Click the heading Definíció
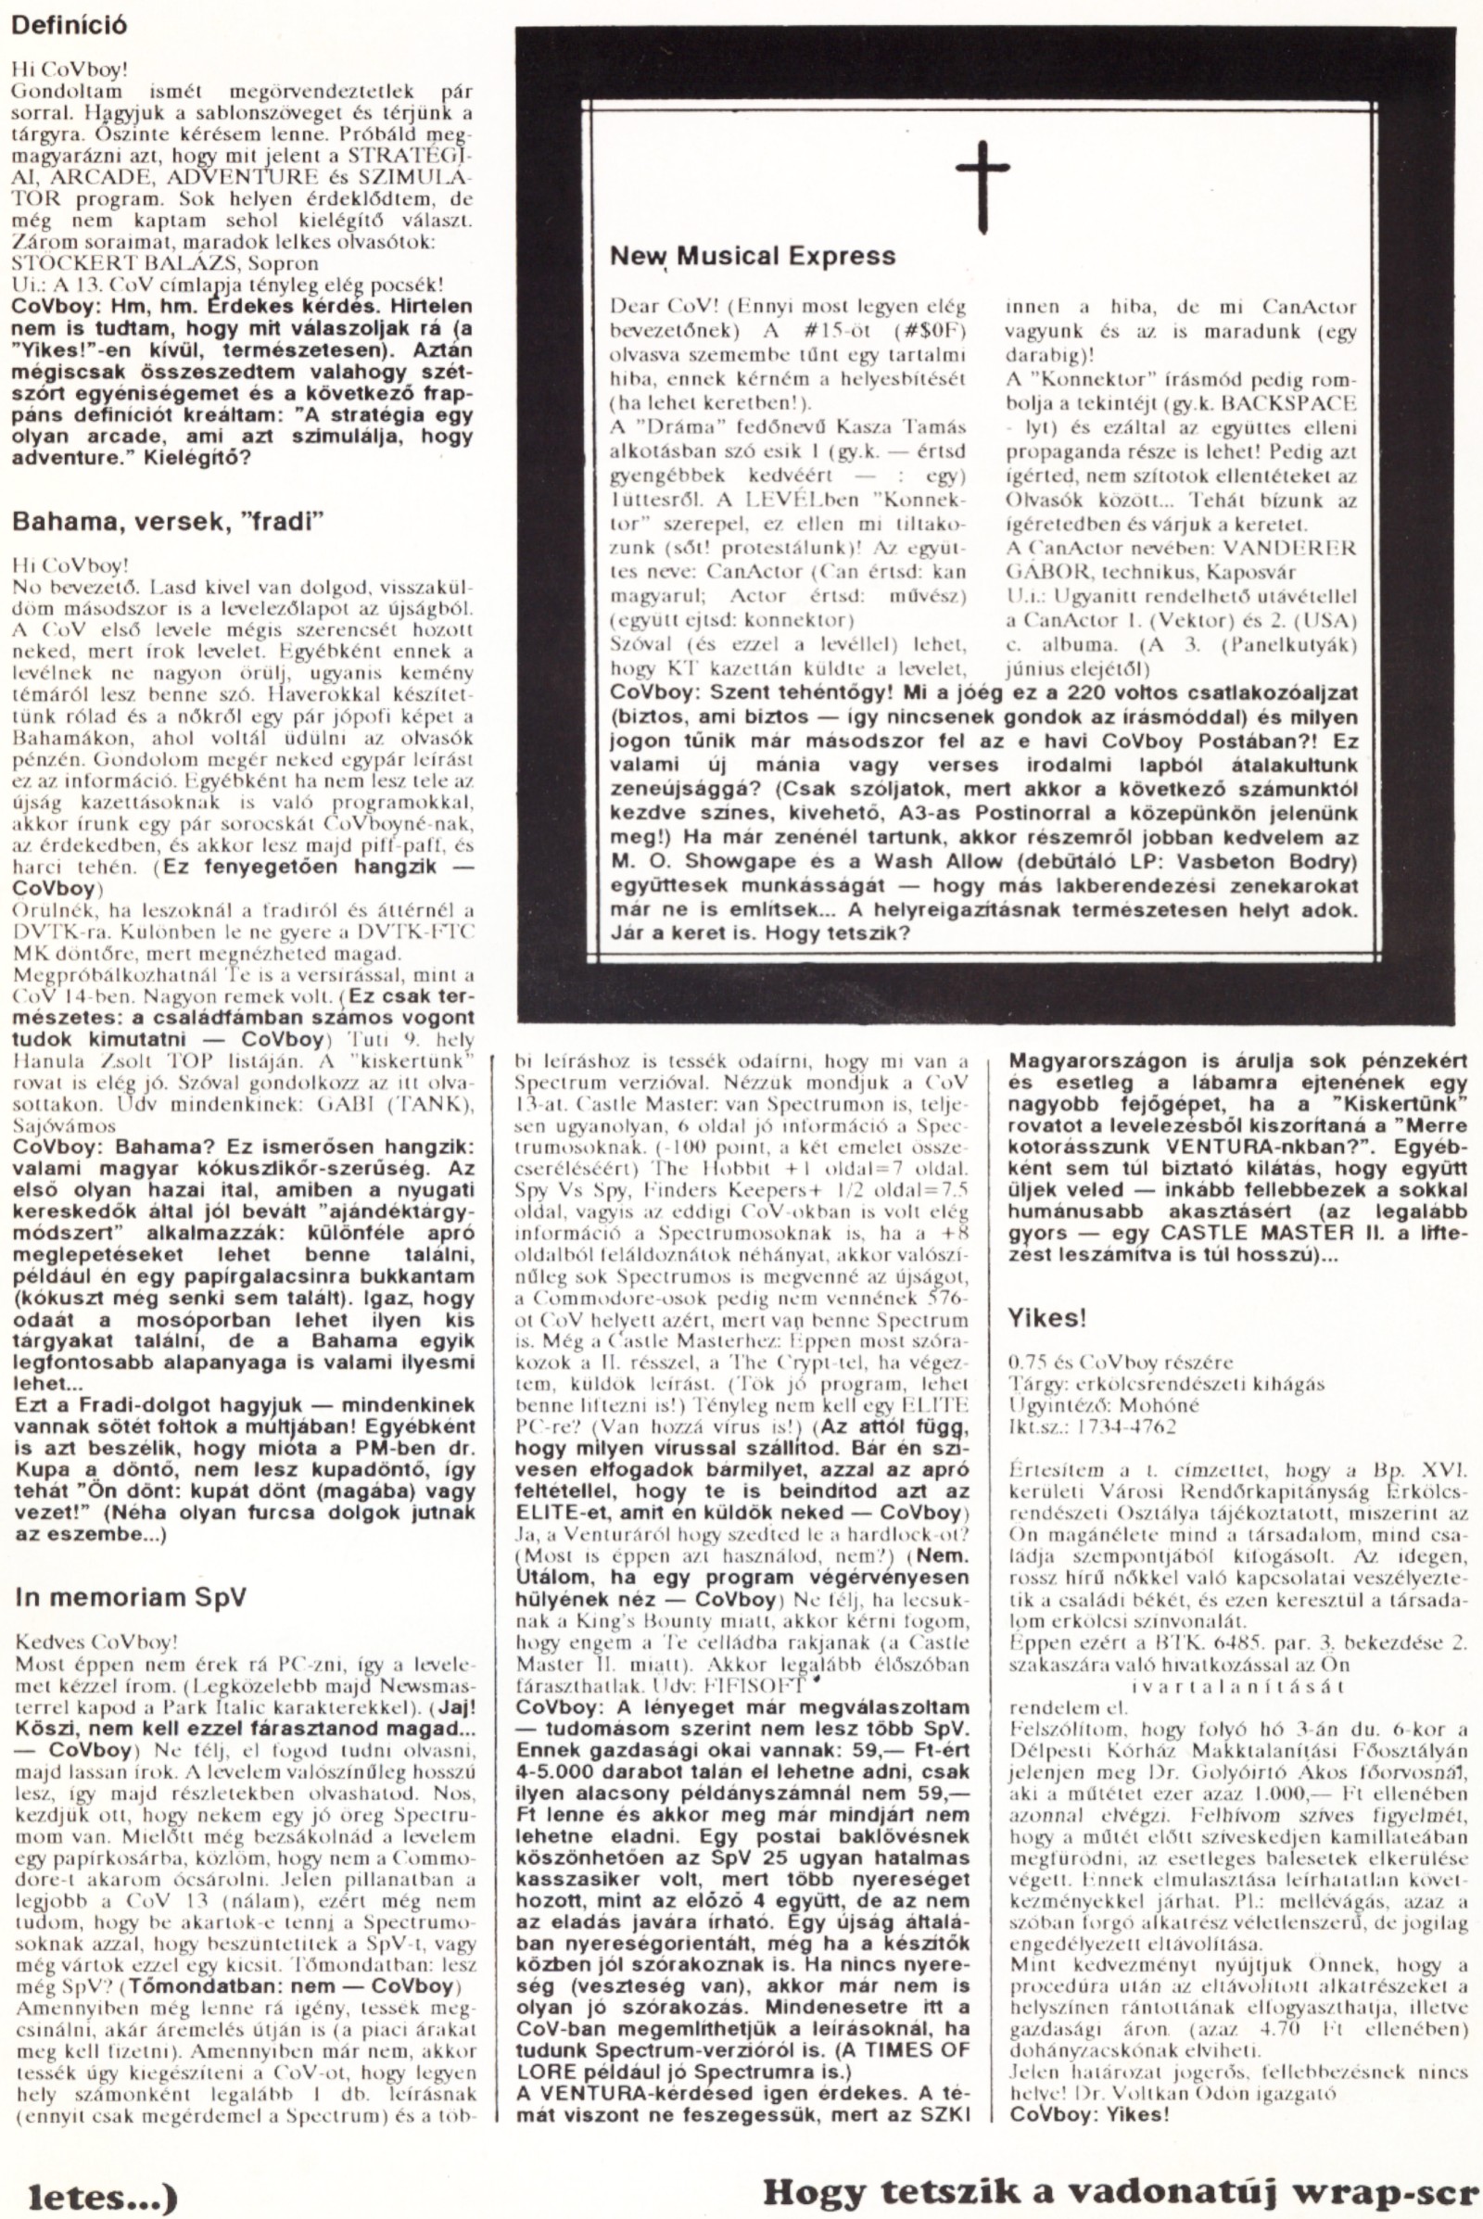click(68, 26)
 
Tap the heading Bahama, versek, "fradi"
click(158, 522)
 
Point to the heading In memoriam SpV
click(130, 935)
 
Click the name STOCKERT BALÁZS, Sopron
click(163, 263)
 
